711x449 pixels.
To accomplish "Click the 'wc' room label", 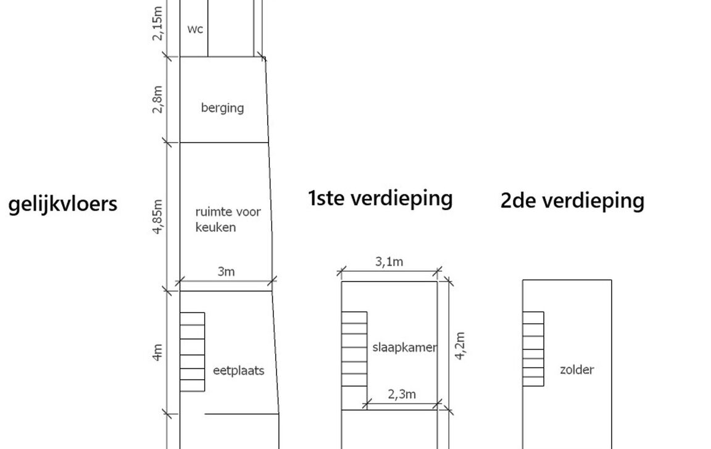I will click(x=194, y=29).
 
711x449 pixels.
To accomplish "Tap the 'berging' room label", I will click(x=222, y=107).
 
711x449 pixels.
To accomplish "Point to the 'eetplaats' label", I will click(x=238, y=371).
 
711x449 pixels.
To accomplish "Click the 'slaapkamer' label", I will click(x=404, y=347).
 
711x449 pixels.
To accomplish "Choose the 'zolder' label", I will click(x=576, y=370).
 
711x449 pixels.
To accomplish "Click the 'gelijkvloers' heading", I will click(x=63, y=203).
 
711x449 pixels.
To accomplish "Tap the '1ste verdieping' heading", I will click(x=380, y=198).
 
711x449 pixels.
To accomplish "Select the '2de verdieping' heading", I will click(x=572, y=200).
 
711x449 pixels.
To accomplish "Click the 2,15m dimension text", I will click(x=158, y=23).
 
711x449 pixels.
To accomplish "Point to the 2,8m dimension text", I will click(x=158, y=99).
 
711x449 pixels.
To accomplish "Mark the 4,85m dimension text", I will click(x=158, y=216).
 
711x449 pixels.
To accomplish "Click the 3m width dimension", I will click(x=227, y=271).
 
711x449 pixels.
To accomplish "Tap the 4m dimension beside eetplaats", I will click(x=158, y=352).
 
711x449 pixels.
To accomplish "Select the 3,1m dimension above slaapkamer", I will click(x=389, y=262).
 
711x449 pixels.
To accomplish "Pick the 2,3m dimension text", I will click(x=402, y=394).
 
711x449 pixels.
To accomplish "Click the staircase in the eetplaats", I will click(x=192, y=351).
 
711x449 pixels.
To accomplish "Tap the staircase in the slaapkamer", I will click(x=354, y=349).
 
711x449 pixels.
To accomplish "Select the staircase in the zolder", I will click(x=533, y=349).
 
